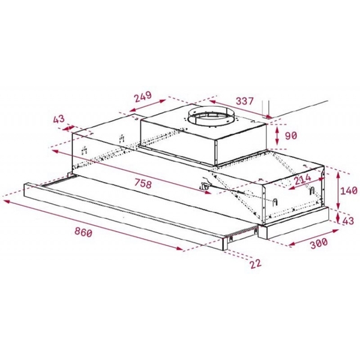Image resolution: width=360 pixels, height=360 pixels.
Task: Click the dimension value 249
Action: click(x=142, y=97)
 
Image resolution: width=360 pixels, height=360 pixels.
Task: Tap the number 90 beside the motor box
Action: click(x=291, y=136)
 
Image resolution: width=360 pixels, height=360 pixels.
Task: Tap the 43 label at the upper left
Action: click(x=59, y=119)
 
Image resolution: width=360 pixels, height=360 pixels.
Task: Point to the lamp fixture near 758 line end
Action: click(x=206, y=187)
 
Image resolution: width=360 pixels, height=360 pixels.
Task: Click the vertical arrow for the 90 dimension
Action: click(x=277, y=136)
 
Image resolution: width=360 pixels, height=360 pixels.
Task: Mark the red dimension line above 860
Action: click(x=90, y=223)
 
